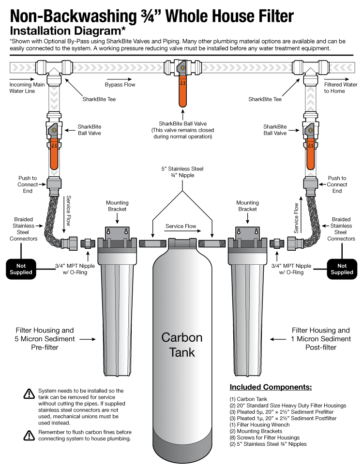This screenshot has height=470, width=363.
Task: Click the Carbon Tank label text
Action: [181, 344]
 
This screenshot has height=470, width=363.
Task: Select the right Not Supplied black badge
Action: [342, 269]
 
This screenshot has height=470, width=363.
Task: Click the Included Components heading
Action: [271, 387]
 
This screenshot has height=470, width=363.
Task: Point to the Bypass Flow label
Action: [120, 85]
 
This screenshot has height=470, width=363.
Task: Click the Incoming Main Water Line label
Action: [24, 88]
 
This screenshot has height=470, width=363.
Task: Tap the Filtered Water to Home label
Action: [339, 88]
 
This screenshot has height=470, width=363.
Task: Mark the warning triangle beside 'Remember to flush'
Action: [29, 435]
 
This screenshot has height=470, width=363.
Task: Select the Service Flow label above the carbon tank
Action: [181, 226]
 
